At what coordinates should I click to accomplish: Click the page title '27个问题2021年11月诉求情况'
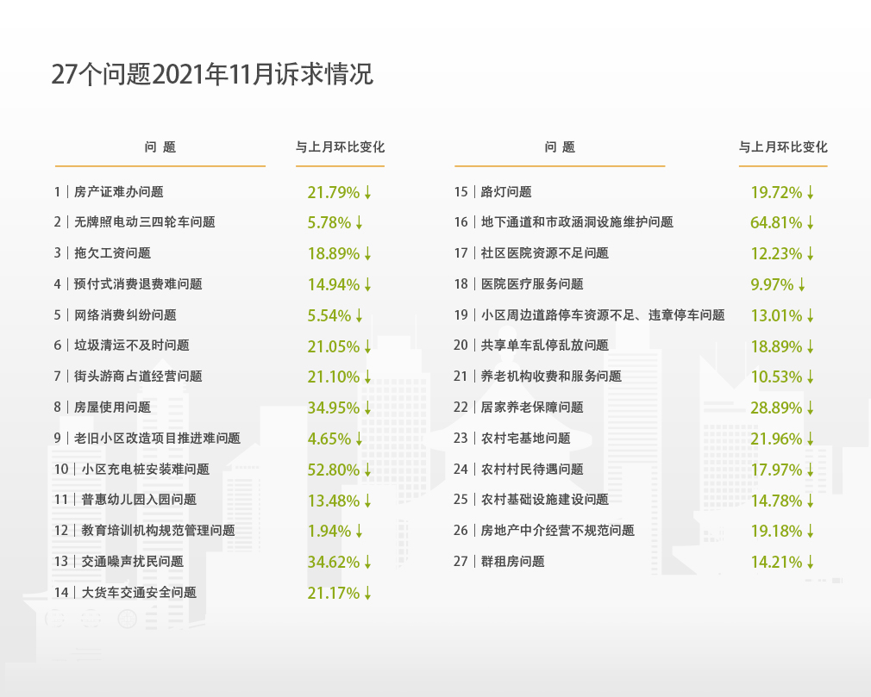[x=212, y=75]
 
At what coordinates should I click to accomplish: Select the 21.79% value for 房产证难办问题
[x=332, y=192]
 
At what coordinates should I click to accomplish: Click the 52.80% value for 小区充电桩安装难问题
[x=332, y=470]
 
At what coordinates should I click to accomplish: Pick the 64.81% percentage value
[x=776, y=222]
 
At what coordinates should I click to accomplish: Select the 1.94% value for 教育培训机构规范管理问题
[x=329, y=532]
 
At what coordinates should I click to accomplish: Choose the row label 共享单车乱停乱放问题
[x=544, y=345]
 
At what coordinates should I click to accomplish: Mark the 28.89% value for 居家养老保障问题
[x=776, y=408]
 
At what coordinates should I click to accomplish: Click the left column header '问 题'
[x=160, y=147]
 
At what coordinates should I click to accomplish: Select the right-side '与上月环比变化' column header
[x=783, y=147]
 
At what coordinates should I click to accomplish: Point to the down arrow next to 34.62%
[x=368, y=563]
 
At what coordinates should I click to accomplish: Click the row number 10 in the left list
[x=60, y=470]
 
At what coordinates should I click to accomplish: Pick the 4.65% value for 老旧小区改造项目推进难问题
[x=329, y=439]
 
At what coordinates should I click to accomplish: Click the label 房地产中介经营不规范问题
[x=557, y=531]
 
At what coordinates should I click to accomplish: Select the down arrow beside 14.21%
[x=811, y=563]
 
